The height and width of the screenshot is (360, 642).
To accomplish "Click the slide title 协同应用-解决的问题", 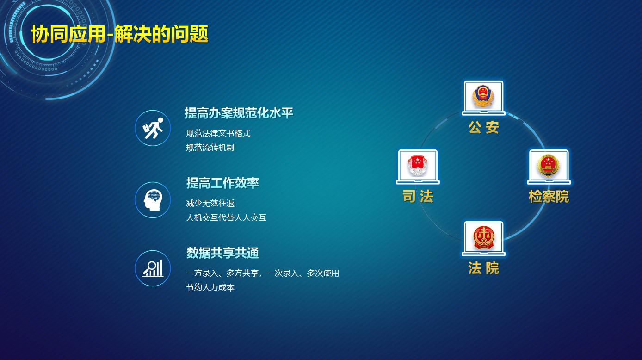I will (x=120, y=34).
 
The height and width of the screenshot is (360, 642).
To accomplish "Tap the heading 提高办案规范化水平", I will (x=239, y=113).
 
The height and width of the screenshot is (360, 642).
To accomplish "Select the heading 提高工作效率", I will (x=222, y=183).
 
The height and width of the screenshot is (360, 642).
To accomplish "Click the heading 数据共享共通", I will (x=222, y=253).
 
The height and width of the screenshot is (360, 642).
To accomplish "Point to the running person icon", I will (x=153, y=128).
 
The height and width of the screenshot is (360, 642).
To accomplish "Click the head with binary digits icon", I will (x=153, y=200).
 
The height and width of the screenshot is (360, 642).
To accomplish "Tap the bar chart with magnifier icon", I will (x=153, y=268).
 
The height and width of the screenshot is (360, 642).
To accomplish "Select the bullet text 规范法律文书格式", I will (x=218, y=133).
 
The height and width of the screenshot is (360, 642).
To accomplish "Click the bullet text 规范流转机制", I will (x=210, y=148).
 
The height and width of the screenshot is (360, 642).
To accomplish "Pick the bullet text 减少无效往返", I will (x=210, y=203).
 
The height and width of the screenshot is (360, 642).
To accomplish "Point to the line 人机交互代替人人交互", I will (x=226, y=217).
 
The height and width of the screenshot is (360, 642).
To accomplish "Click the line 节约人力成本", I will (x=210, y=287).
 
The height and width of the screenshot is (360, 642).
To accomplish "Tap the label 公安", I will (x=484, y=127).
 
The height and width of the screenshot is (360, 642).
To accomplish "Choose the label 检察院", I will (x=549, y=197).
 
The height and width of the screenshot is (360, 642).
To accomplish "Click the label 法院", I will (x=484, y=268).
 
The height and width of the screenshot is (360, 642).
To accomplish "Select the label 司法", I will (x=418, y=197).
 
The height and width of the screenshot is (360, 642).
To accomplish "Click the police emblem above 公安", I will (x=483, y=96).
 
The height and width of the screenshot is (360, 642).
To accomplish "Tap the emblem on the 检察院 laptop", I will (x=549, y=166).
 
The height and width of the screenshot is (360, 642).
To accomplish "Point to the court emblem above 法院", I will (x=483, y=237).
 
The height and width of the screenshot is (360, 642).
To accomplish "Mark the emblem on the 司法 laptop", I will (x=418, y=166).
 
